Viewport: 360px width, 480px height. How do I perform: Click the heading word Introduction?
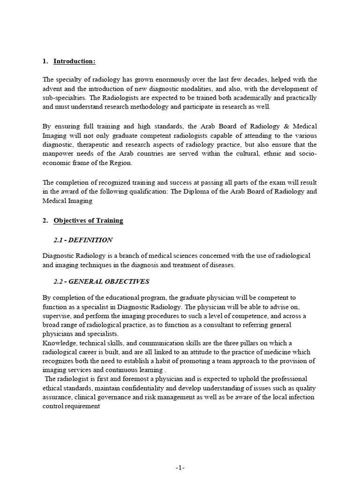75,61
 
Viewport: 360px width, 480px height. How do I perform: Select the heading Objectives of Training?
88,221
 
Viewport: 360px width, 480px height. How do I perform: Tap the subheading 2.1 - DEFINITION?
83,240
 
